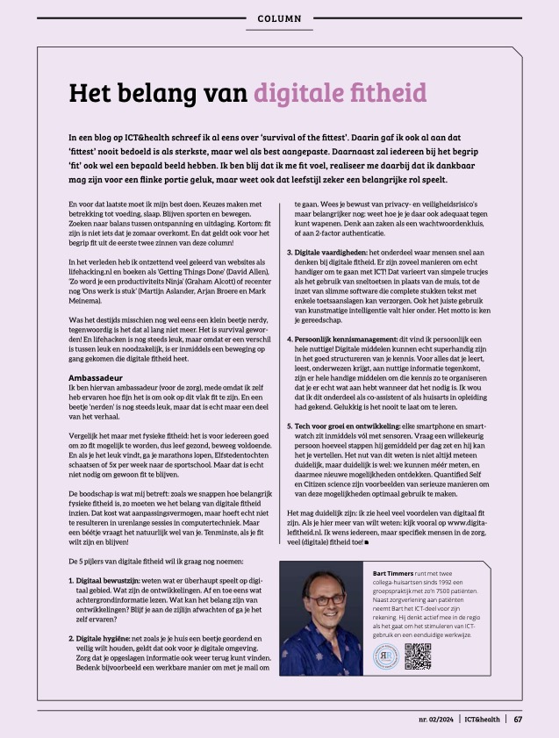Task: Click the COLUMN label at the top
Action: (x=280, y=18)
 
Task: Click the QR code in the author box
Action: (x=419, y=656)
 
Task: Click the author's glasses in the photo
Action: (x=327, y=599)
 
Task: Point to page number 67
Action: (x=519, y=720)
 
